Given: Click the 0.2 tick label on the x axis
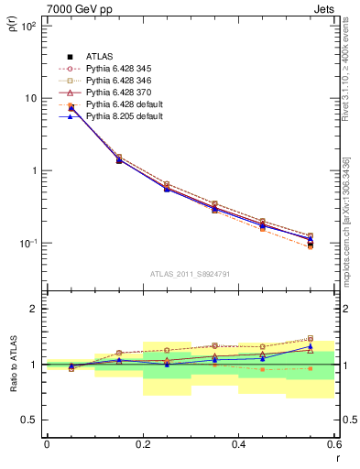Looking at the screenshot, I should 142,444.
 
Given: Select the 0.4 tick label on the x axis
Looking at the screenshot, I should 238,444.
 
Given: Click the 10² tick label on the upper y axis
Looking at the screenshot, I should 28,26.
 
